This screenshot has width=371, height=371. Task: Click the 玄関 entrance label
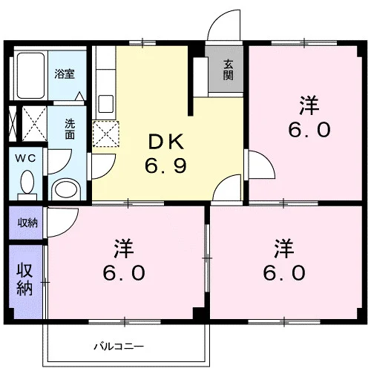(229, 70)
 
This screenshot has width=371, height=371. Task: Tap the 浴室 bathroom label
(65, 74)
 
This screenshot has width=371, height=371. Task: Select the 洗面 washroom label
(70, 129)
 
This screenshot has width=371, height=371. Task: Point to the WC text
(25, 158)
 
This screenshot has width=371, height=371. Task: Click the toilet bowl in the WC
(27, 182)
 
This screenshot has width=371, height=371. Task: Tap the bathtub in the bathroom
(30, 75)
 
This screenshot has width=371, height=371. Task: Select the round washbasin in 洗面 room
(66, 190)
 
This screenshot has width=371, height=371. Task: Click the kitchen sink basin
(106, 104)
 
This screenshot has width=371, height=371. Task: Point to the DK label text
(166, 142)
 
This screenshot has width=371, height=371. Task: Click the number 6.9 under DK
(165, 165)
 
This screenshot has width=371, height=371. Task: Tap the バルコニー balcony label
(119, 347)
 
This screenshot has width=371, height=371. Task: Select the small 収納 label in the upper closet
(27, 223)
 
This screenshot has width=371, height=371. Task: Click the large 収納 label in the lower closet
(24, 280)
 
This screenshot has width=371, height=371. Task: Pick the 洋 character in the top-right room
(309, 105)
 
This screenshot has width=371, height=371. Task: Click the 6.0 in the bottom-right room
(284, 272)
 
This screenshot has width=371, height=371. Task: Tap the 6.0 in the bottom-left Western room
(124, 272)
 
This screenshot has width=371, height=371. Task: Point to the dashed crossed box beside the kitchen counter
(106, 134)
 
